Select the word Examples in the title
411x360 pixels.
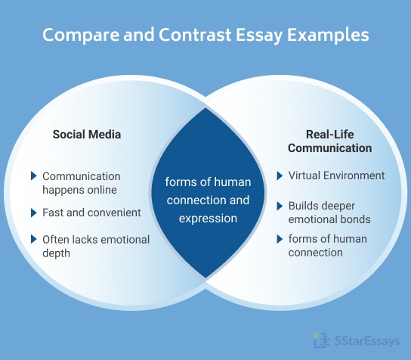tap(327, 36)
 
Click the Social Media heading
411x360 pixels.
tap(86, 135)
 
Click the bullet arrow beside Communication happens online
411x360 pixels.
tap(33, 176)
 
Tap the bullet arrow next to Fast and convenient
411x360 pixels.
tap(33, 213)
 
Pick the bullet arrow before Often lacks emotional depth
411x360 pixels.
tap(33, 240)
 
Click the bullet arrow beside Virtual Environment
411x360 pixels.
tap(280, 176)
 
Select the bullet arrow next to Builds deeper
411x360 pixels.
tap(280, 206)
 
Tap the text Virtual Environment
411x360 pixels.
tap(336, 176)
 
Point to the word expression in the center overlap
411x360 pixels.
tap(208, 219)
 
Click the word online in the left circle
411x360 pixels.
tap(100, 190)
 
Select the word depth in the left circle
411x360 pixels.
tap(56, 253)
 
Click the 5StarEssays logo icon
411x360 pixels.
tap(319, 340)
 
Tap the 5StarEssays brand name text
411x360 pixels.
tap(366, 341)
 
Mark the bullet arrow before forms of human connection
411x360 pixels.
tap(280, 240)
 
